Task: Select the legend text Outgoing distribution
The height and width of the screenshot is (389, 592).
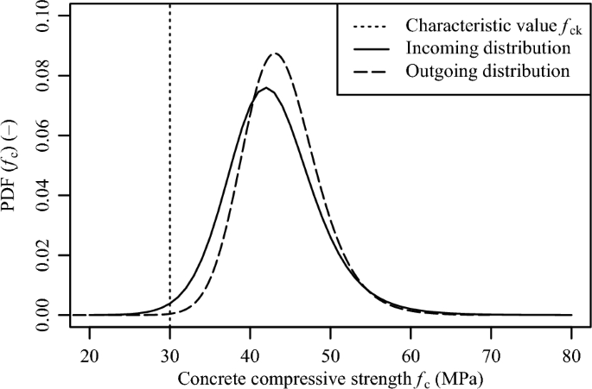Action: (x=487, y=70)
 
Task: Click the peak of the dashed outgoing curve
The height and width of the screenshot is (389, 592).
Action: (x=275, y=53)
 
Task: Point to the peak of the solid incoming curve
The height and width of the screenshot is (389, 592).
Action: (x=266, y=88)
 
